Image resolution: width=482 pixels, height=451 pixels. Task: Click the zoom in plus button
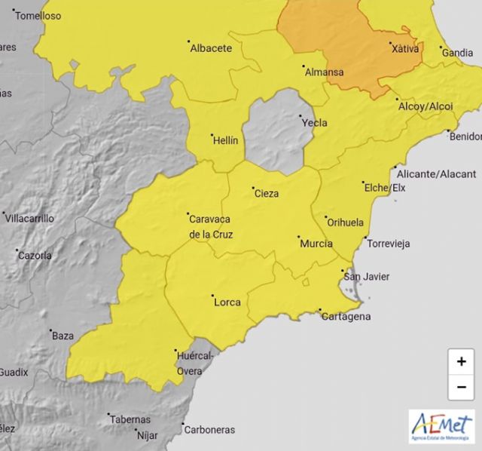click(461, 362)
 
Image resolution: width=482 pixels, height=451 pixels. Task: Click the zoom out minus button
click(461, 387)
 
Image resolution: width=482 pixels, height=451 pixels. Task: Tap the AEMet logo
click(442, 426)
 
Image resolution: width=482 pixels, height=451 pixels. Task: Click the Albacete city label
click(211, 48)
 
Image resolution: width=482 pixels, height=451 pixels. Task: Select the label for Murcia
click(316, 244)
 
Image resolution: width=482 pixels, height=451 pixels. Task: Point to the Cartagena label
click(346, 316)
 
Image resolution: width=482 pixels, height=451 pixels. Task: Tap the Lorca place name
click(227, 302)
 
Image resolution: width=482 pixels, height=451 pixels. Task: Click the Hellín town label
click(225, 141)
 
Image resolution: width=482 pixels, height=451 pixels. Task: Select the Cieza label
click(267, 194)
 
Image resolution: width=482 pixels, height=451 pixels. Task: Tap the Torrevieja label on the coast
click(387, 244)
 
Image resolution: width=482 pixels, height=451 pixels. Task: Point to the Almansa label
click(324, 72)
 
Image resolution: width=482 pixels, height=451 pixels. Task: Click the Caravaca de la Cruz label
click(210, 226)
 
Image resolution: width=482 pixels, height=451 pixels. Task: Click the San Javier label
click(367, 277)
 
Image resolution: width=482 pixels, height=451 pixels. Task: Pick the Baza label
click(62, 336)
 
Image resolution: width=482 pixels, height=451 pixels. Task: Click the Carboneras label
click(212, 431)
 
